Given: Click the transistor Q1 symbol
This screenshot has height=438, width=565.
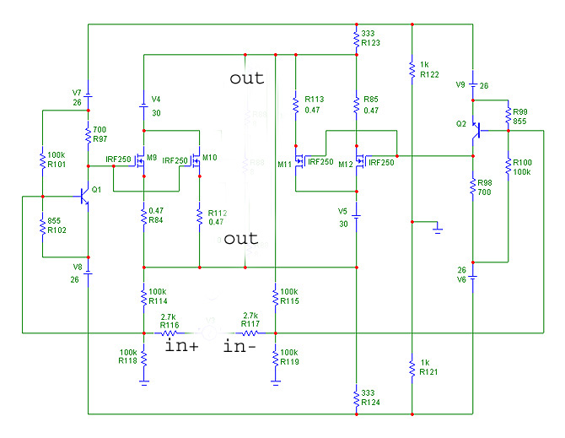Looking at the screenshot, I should [83, 196].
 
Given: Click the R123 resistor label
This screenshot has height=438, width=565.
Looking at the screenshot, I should [369, 42].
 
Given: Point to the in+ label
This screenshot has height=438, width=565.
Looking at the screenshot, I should [181, 345].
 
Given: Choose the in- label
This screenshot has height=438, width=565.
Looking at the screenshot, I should [239, 345].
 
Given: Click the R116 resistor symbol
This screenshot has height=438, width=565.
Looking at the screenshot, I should [168, 333].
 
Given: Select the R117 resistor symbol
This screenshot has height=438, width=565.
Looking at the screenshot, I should [250, 333].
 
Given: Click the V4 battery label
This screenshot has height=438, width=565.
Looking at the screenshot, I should [156, 100].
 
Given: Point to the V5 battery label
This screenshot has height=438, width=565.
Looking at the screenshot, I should [342, 210].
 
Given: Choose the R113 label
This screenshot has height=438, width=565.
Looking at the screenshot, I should [314, 98].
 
